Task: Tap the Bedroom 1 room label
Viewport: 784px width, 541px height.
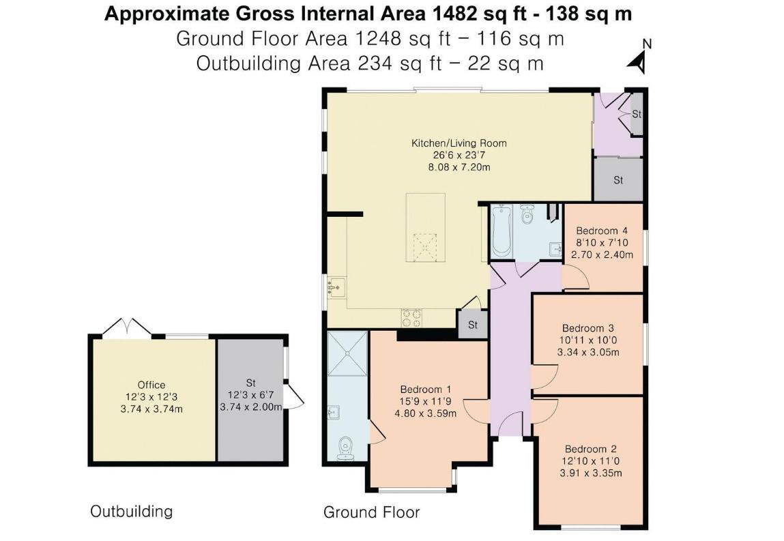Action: (x=426, y=390)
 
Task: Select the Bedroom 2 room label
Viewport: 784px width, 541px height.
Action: (x=590, y=449)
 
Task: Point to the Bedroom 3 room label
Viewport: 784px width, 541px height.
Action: (x=588, y=329)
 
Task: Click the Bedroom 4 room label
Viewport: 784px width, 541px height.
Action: (x=602, y=231)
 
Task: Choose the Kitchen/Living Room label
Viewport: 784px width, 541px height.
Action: (x=459, y=143)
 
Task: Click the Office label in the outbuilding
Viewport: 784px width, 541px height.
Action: (x=151, y=385)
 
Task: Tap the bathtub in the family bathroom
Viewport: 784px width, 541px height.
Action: (x=501, y=231)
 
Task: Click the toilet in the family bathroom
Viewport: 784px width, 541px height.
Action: (x=527, y=214)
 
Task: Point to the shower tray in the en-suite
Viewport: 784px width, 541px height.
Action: (x=348, y=353)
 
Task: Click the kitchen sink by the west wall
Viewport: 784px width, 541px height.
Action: (x=336, y=288)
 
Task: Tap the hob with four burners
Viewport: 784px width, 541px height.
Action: (x=411, y=318)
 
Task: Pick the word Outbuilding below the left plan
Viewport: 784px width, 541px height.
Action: (x=132, y=512)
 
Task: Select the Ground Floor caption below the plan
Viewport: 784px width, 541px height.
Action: (x=371, y=512)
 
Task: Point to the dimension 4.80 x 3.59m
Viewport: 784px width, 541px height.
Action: (x=426, y=413)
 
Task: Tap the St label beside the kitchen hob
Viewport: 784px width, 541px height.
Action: (x=473, y=325)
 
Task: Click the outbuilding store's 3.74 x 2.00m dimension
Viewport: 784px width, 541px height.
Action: (x=251, y=407)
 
